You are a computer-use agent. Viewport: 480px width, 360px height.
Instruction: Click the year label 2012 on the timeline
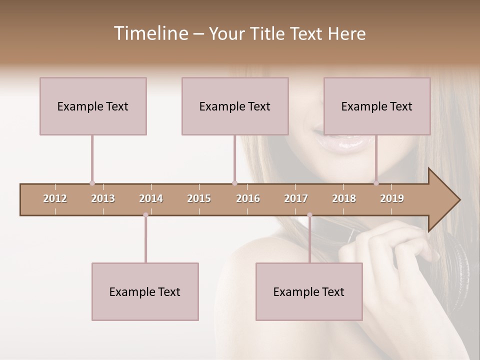click(55, 198)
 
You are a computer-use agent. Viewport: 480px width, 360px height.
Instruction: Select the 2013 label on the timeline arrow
click(103, 198)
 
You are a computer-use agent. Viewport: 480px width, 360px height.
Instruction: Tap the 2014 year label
click(151, 198)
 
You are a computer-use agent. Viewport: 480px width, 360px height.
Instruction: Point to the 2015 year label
click(199, 198)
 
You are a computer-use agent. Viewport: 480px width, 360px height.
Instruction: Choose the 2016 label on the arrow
click(248, 198)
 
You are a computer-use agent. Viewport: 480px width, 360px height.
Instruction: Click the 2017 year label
click(296, 198)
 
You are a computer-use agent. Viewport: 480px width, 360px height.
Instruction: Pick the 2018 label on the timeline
click(344, 198)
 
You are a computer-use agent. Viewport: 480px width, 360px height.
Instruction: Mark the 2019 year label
click(392, 198)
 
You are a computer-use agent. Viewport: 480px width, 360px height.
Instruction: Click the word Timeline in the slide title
click(150, 33)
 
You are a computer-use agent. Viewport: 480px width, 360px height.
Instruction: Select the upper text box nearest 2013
click(93, 106)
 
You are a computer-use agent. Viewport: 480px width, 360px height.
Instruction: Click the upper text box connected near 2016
click(235, 106)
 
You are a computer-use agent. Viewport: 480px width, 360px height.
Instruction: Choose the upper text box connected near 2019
click(377, 106)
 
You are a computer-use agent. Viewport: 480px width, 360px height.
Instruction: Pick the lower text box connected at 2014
click(145, 291)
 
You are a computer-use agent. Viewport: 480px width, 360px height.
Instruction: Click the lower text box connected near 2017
click(309, 291)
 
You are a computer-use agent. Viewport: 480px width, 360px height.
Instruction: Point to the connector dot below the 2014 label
click(145, 215)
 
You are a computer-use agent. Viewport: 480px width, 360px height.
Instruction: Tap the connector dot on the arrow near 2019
click(376, 183)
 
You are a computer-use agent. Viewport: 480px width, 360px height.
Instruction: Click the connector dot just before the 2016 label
click(234, 183)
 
